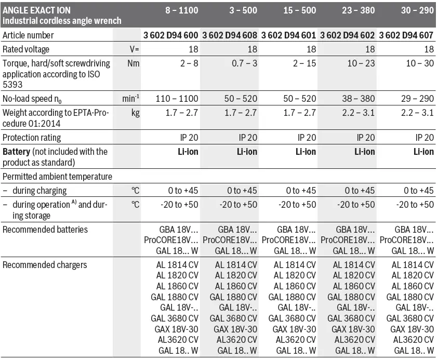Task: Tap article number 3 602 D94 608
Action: (229, 35)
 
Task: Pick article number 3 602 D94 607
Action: (406, 35)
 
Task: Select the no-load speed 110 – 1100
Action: (176, 99)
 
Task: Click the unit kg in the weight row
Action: (135, 113)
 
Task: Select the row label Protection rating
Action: (32, 138)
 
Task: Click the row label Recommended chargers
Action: (45, 265)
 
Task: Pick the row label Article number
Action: (28, 35)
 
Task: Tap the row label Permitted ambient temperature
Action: (57, 177)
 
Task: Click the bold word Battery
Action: (17, 152)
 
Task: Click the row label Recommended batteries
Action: (45, 229)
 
